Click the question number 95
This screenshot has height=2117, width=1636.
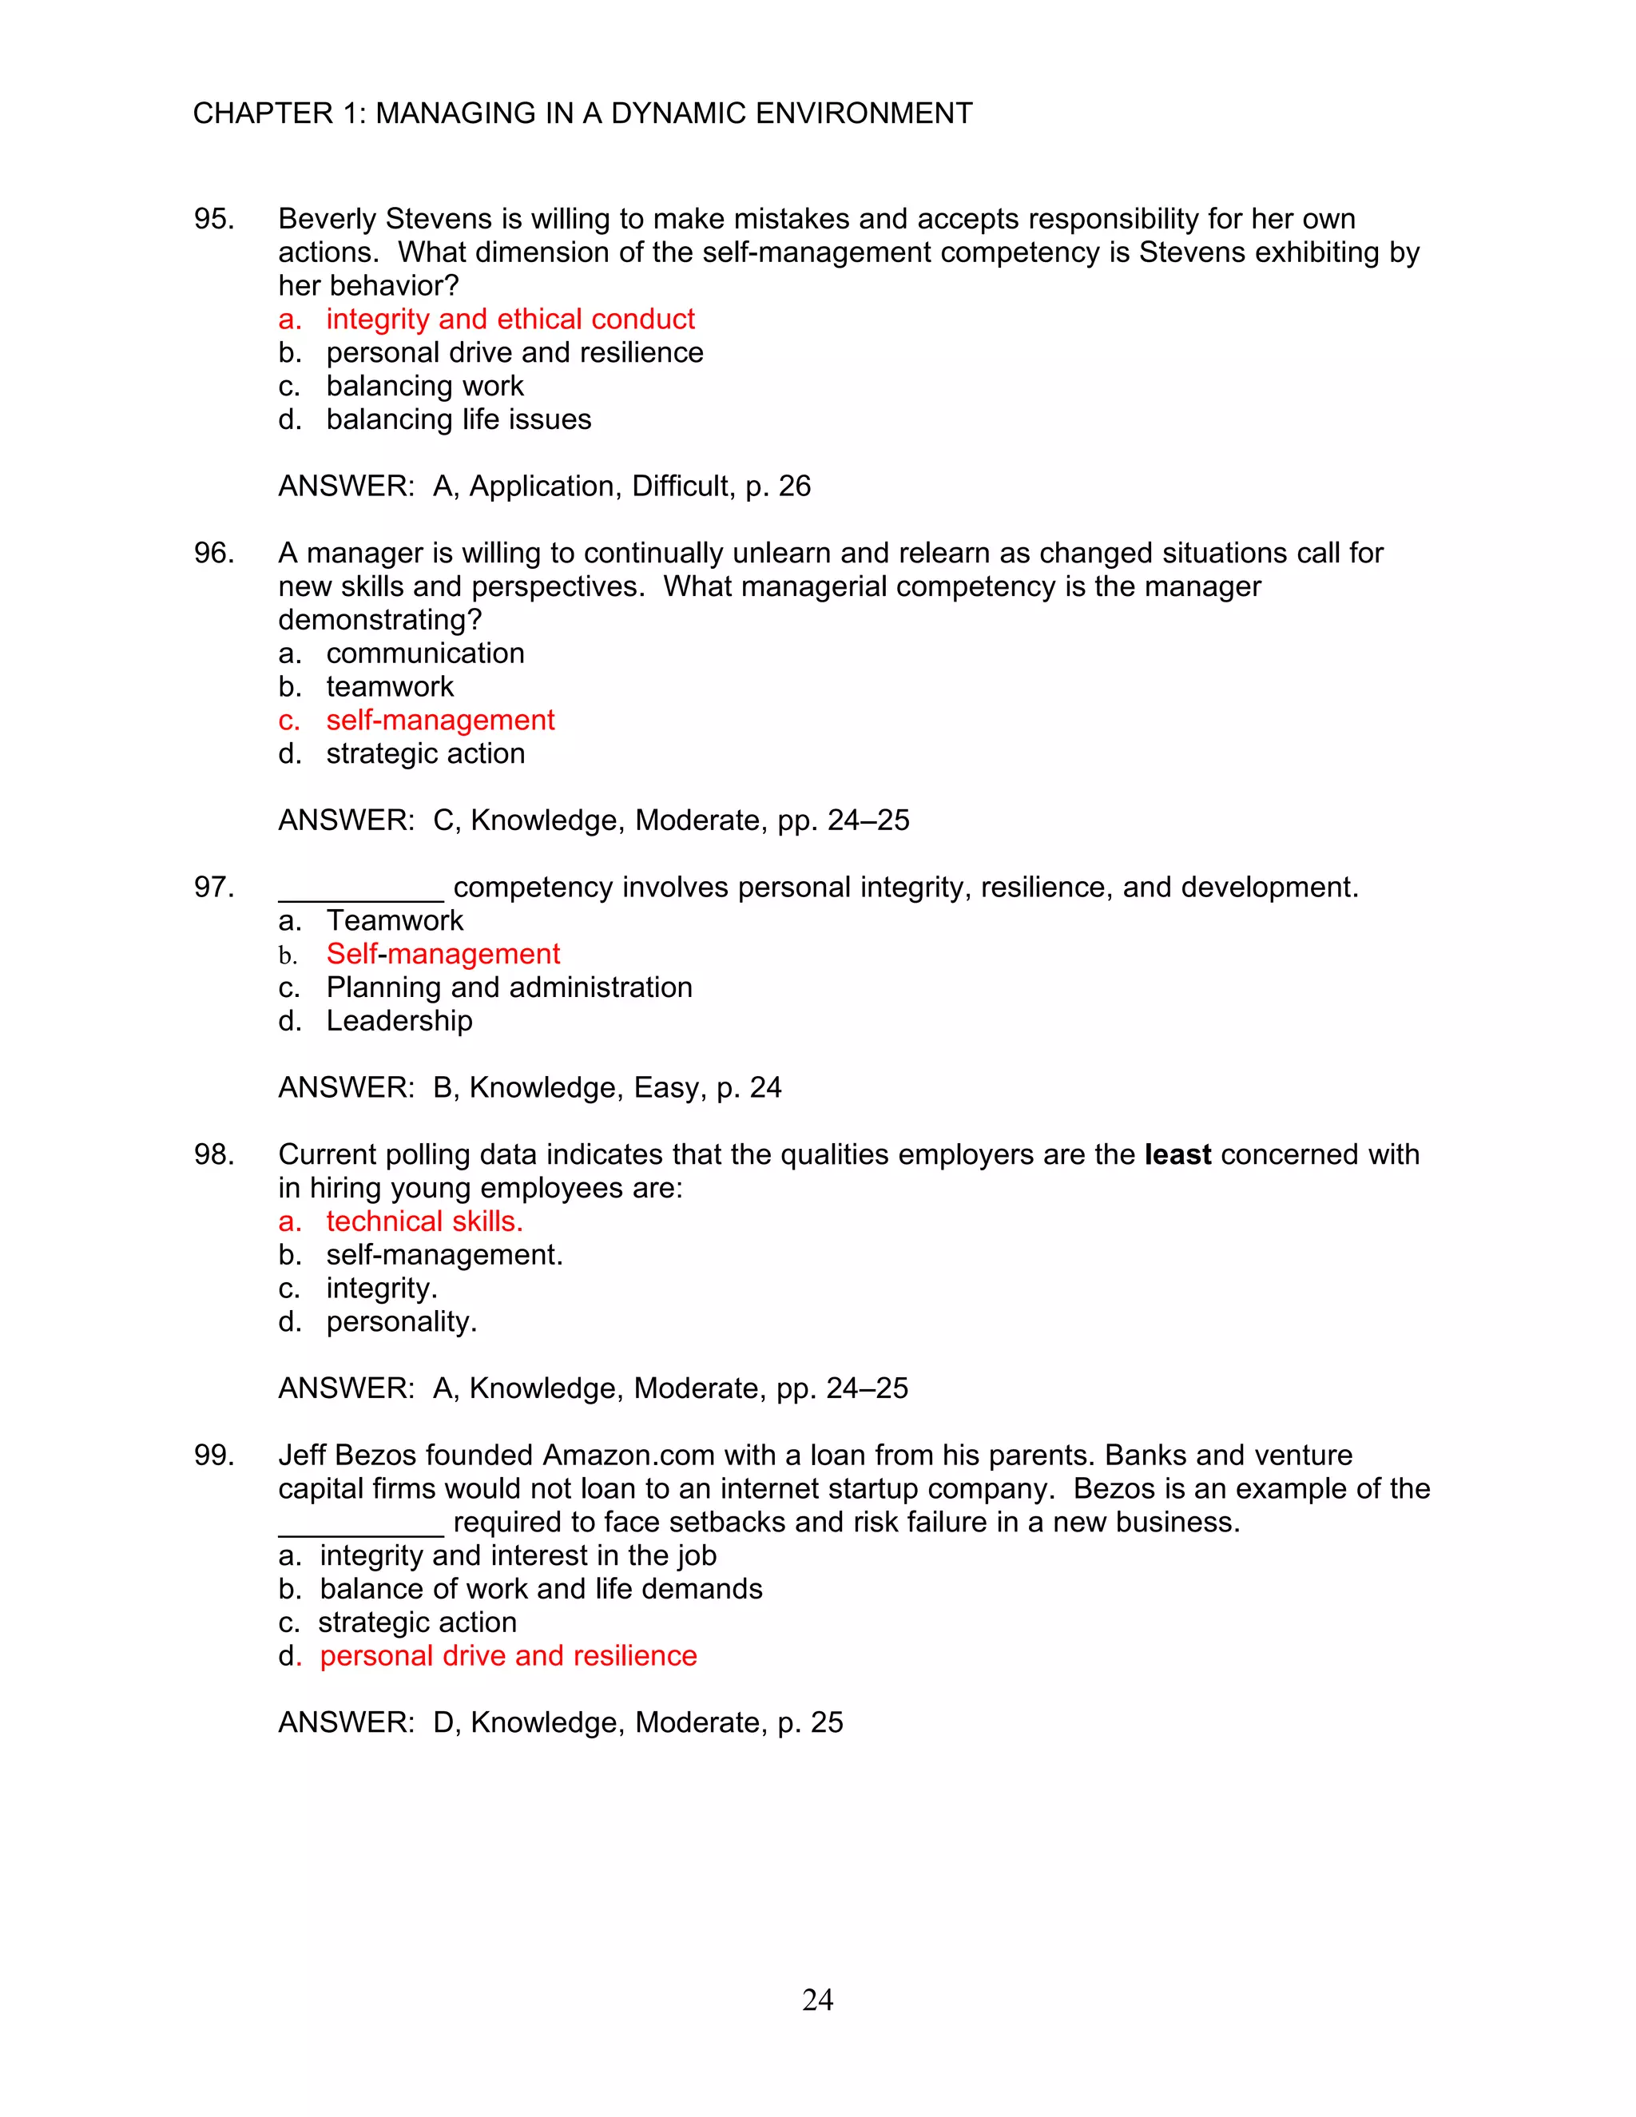213,219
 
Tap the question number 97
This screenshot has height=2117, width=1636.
213,888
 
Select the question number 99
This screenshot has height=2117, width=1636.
213,1456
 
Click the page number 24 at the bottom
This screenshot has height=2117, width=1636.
817,2000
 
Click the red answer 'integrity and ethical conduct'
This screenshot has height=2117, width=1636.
510,319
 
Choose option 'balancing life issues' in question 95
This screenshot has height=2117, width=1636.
459,419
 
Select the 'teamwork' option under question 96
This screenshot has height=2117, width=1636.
390,687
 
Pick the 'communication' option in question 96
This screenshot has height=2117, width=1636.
424,653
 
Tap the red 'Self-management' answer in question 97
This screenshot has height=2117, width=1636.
443,954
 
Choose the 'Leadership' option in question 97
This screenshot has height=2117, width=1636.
399,1021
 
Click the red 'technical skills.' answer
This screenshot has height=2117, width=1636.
424,1221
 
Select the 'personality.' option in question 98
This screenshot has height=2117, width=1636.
401,1322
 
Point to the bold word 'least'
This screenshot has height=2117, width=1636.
1177,1154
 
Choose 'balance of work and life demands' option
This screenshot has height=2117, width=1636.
541,1590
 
